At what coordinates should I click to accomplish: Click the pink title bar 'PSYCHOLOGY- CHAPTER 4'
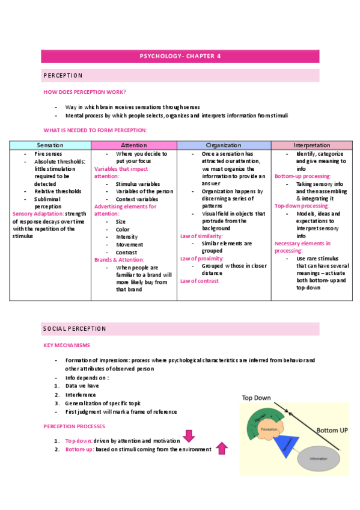180,57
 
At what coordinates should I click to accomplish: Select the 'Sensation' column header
50,146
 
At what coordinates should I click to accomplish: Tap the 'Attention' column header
133,146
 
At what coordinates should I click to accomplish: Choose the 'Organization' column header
224,146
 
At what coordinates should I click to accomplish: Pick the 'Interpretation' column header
311,146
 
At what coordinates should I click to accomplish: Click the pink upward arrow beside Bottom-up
221,448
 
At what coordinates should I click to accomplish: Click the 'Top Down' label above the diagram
257,398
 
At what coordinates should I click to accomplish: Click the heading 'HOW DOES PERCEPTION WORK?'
85,91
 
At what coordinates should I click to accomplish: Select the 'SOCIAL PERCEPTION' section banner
75,328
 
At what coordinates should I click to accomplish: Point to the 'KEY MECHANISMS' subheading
67,345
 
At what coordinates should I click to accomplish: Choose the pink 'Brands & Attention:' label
119,259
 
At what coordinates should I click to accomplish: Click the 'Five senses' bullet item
48,155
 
